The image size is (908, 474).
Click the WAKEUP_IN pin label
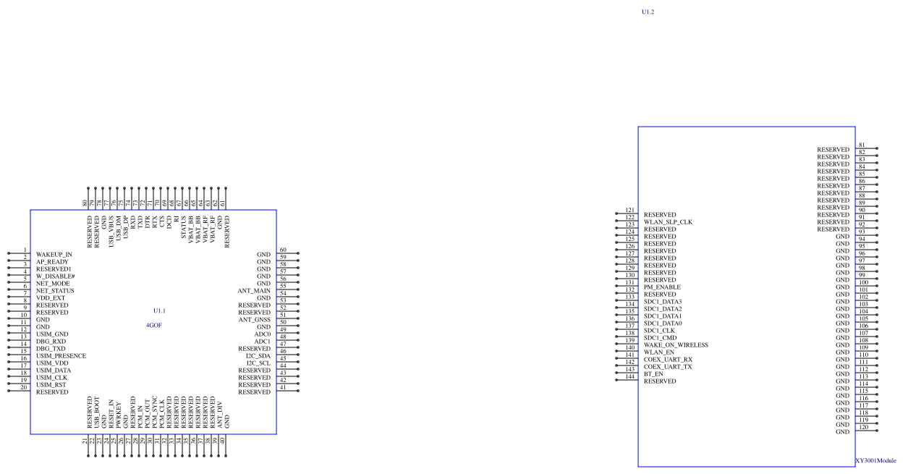click(54, 255)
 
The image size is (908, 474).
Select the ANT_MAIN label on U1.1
click(254, 291)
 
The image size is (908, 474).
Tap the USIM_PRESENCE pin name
click(61, 356)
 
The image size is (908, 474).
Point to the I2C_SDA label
click(258, 356)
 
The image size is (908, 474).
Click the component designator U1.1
click(159, 310)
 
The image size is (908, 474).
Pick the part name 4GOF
click(154, 326)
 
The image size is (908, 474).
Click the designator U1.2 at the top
click(648, 12)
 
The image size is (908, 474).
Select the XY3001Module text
click(875, 460)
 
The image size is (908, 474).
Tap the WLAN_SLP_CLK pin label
click(668, 222)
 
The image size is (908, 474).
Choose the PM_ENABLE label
click(662, 287)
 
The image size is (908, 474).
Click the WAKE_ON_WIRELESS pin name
click(676, 345)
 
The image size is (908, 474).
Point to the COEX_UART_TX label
click(668, 367)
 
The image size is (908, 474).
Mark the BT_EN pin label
click(653, 374)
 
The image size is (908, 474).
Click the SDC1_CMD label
click(660, 338)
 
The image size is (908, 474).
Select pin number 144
click(630, 377)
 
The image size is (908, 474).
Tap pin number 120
click(863, 428)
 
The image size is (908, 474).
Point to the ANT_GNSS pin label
click(255, 320)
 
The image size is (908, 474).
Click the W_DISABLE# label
click(56, 276)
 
